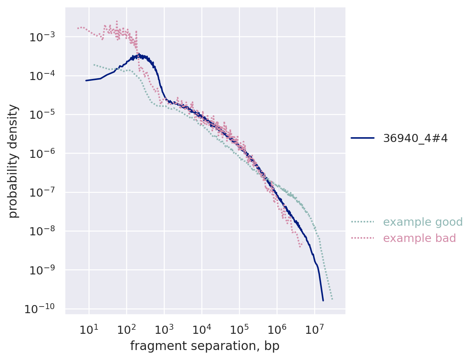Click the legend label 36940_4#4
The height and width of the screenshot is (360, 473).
click(x=415, y=138)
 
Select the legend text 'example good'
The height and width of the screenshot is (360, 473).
click(x=423, y=222)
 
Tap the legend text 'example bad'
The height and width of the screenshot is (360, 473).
click(x=420, y=238)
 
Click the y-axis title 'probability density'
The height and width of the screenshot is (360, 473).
click(x=13, y=161)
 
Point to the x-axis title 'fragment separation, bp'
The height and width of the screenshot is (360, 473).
click(x=205, y=346)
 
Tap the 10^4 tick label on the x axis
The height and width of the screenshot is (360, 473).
click(x=202, y=329)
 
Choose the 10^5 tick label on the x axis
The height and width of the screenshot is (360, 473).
click(x=239, y=329)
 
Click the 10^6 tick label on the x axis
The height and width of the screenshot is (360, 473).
click(x=277, y=329)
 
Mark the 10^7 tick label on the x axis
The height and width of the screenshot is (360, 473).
click(x=314, y=329)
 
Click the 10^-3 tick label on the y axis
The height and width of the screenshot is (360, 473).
click(x=41, y=37)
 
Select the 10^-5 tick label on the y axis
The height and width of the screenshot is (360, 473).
click(x=41, y=115)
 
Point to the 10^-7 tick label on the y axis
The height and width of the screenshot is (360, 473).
click(x=41, y=193)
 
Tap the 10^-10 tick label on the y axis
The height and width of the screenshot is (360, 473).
click(x=39, y=309)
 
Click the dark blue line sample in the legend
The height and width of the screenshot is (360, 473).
click(x=362, y=138)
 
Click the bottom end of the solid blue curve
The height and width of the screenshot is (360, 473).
click(x=323, y=300)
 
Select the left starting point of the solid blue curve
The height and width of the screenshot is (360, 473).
click(x=86, y=80)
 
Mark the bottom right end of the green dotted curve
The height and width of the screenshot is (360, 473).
click(x=332, y=299)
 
